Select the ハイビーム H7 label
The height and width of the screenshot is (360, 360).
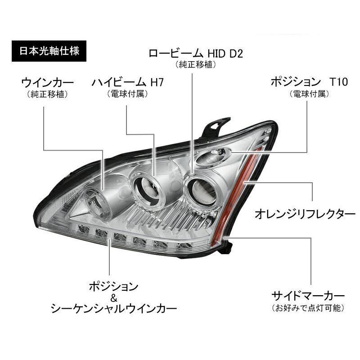127,83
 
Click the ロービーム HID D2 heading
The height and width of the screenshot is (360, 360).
196,54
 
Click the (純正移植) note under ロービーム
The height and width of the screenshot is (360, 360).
196,65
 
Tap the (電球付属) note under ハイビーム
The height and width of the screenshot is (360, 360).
127,94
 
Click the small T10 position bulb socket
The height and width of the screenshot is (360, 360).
220,155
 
